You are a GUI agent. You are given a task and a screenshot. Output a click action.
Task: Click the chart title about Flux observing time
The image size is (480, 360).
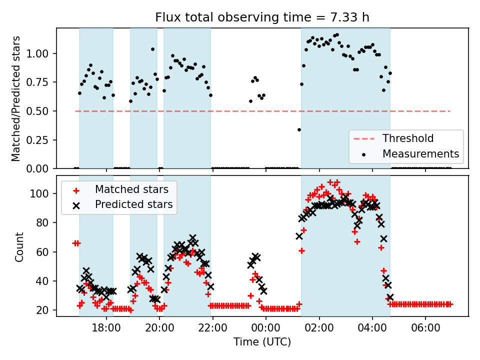[x=262, y=17]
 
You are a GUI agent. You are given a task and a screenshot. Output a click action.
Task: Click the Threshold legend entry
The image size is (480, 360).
[x=408, y=138]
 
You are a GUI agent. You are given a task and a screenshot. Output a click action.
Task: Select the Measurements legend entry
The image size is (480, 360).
[x=420, y=153]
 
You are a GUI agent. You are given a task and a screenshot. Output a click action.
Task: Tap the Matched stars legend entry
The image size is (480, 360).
[x=131, y=189]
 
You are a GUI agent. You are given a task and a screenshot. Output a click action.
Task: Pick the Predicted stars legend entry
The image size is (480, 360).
[x=133, y=204]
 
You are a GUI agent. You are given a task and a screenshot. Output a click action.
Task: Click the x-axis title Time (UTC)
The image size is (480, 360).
[x=262, y=342]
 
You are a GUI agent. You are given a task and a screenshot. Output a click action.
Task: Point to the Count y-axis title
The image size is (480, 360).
[x=19, y=246]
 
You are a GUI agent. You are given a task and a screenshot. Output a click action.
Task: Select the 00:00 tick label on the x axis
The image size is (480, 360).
[x=266, y=328]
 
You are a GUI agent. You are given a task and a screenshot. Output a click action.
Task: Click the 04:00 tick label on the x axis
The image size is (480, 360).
[x=372, y=328]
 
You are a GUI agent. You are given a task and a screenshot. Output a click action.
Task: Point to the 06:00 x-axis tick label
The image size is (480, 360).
[x=425, y=328]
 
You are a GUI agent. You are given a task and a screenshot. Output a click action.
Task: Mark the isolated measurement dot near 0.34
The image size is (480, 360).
[x=299, y=129]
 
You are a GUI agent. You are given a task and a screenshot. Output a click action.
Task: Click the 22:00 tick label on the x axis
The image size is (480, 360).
[x=213, y=328]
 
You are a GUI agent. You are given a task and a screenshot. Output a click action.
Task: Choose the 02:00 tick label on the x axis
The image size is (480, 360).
[x=319, y=328]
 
